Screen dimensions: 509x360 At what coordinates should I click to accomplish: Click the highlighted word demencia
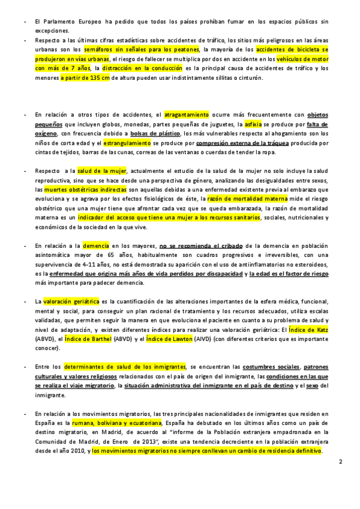point(96,245)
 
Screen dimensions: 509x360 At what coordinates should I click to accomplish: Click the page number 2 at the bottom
point(340,462)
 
